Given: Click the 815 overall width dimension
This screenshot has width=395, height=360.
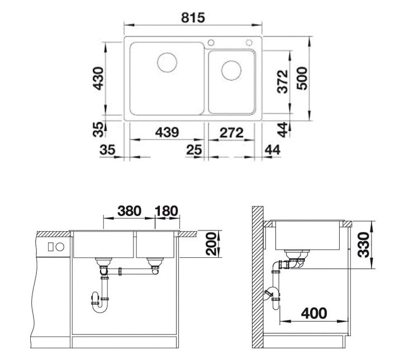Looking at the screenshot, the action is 193,18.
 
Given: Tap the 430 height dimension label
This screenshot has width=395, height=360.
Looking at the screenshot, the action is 98,78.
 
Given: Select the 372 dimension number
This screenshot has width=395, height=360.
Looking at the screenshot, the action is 282,81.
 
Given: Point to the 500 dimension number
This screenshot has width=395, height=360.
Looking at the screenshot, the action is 302,78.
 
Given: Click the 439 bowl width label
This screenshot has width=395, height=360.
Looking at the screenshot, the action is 167,132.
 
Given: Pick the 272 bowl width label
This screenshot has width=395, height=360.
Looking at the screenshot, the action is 231,133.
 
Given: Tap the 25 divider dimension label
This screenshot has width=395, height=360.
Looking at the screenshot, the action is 194,150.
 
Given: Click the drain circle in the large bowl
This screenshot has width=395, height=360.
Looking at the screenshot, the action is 167,63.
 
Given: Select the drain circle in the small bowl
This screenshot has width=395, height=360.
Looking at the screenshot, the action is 231,70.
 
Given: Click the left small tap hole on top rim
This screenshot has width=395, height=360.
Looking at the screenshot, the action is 211,42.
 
